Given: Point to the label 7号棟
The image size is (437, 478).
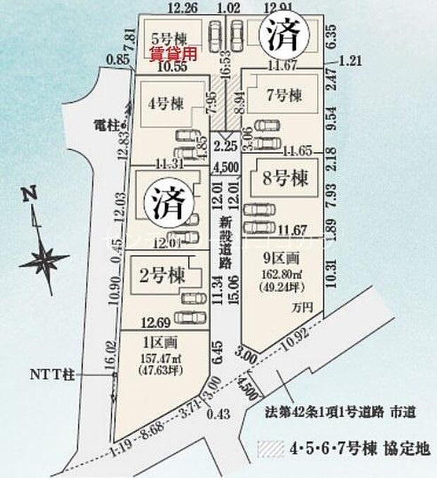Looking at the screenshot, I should coord(283,94).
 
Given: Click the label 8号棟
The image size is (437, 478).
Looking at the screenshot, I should coord(282,179).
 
